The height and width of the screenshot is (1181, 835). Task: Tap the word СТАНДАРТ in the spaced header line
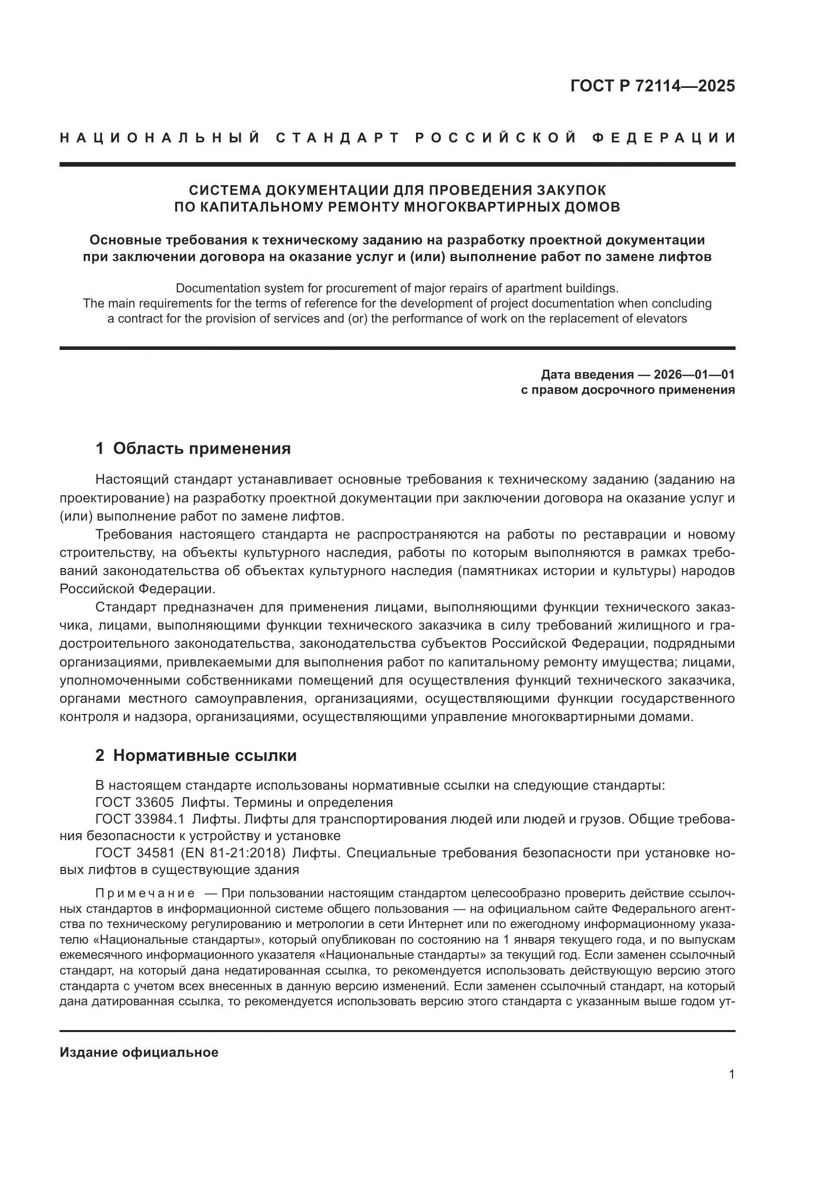(337, 138)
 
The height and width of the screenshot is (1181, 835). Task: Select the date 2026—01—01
(694, 375)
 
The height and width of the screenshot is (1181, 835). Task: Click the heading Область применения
(201, 448)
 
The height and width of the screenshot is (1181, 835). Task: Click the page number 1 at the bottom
(731, 1074)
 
